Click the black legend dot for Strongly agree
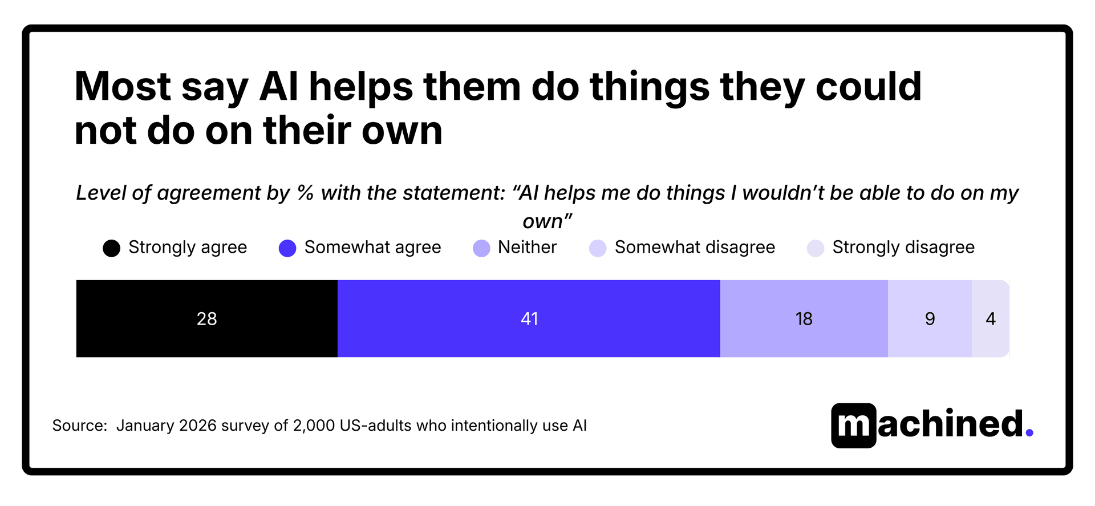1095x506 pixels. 112,248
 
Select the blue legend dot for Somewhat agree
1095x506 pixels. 287,248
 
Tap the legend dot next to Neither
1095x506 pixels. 481,248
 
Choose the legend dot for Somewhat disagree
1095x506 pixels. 598,248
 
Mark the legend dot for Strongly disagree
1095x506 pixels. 816,248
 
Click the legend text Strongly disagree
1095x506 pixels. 903,247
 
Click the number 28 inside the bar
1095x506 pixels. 206,318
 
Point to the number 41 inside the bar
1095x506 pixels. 529,318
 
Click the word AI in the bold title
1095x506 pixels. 279,87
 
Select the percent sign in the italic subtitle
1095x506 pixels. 306,193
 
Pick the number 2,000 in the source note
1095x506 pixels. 313,426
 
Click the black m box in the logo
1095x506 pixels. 854,426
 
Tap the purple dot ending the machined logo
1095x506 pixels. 1029,433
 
